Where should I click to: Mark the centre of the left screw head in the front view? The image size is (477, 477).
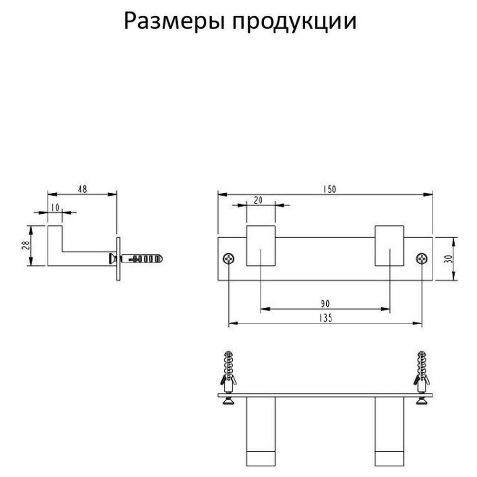(x=229, y=259)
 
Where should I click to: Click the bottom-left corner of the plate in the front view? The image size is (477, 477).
(x=218, y=280)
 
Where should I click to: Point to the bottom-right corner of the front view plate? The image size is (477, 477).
(x=433, y=280)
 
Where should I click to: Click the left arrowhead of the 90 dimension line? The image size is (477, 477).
(x=265, y=309)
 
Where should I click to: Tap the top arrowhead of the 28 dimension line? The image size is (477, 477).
(x=31, y=230)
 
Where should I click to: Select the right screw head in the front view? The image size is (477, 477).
(x=422, y=259)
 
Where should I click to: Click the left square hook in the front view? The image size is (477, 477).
(x=261, y=246)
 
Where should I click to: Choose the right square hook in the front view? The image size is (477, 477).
(x=389, y=246)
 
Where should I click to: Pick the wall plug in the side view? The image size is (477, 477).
(x=142, y=259)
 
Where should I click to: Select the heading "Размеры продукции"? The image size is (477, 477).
(x=240, y=21)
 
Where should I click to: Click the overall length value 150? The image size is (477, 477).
(x=330, y=189)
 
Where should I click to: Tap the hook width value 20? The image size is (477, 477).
(x=258, y=200)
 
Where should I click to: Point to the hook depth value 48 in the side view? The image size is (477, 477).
(x=83, y=189)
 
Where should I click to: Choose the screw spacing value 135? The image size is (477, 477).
(x=326, y=318)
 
